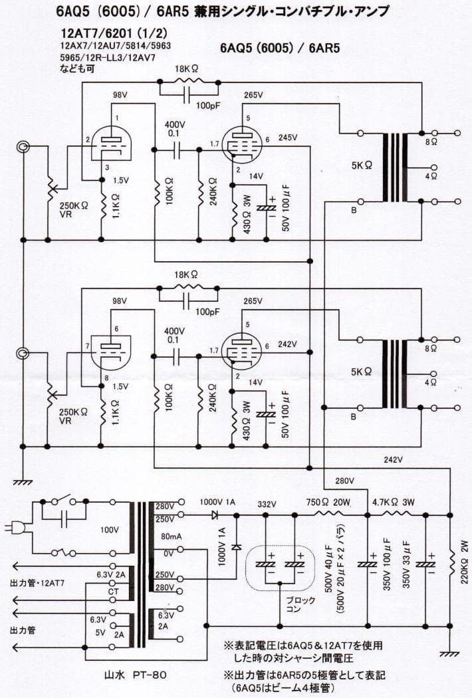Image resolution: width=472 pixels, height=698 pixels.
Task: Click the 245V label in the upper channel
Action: click(289, 138)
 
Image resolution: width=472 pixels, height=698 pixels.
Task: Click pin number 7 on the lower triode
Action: click(87, 347)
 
